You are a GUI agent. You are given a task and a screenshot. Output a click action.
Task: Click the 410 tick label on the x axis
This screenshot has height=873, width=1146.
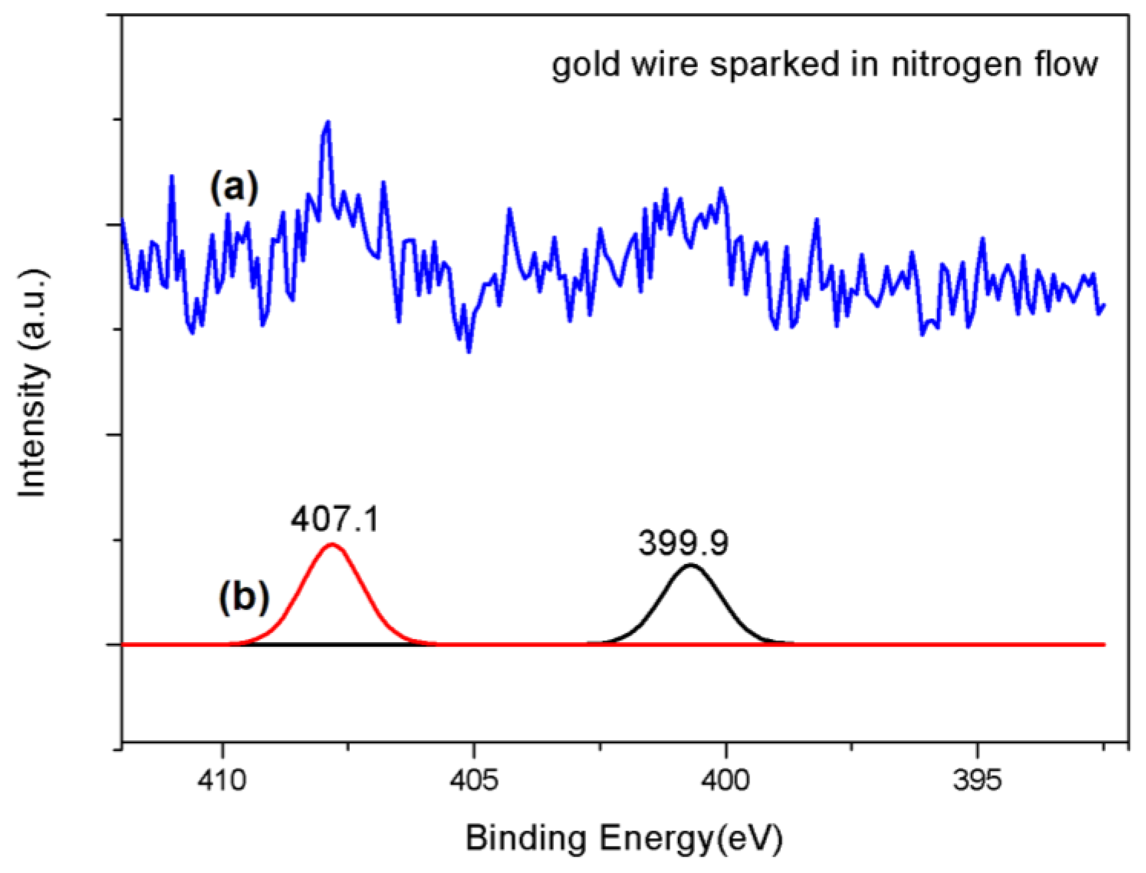[x=222, y=781]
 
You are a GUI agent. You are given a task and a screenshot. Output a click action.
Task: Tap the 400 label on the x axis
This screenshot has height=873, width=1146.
[x=726, y=781]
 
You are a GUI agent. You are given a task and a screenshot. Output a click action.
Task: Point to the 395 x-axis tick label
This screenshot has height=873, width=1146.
[x=977, y=781]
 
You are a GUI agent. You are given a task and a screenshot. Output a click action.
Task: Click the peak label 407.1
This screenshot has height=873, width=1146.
[x=335, y=520]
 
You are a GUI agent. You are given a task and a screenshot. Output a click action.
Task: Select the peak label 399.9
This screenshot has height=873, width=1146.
[x=684, y=545]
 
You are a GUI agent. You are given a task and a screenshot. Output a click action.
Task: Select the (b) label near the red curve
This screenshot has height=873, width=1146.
[x=244, y=599]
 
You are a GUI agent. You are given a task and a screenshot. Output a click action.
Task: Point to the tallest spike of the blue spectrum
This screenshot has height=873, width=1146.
[x=328, y=123]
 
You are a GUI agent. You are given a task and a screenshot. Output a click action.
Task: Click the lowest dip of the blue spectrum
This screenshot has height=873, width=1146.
[x=470, y=351]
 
